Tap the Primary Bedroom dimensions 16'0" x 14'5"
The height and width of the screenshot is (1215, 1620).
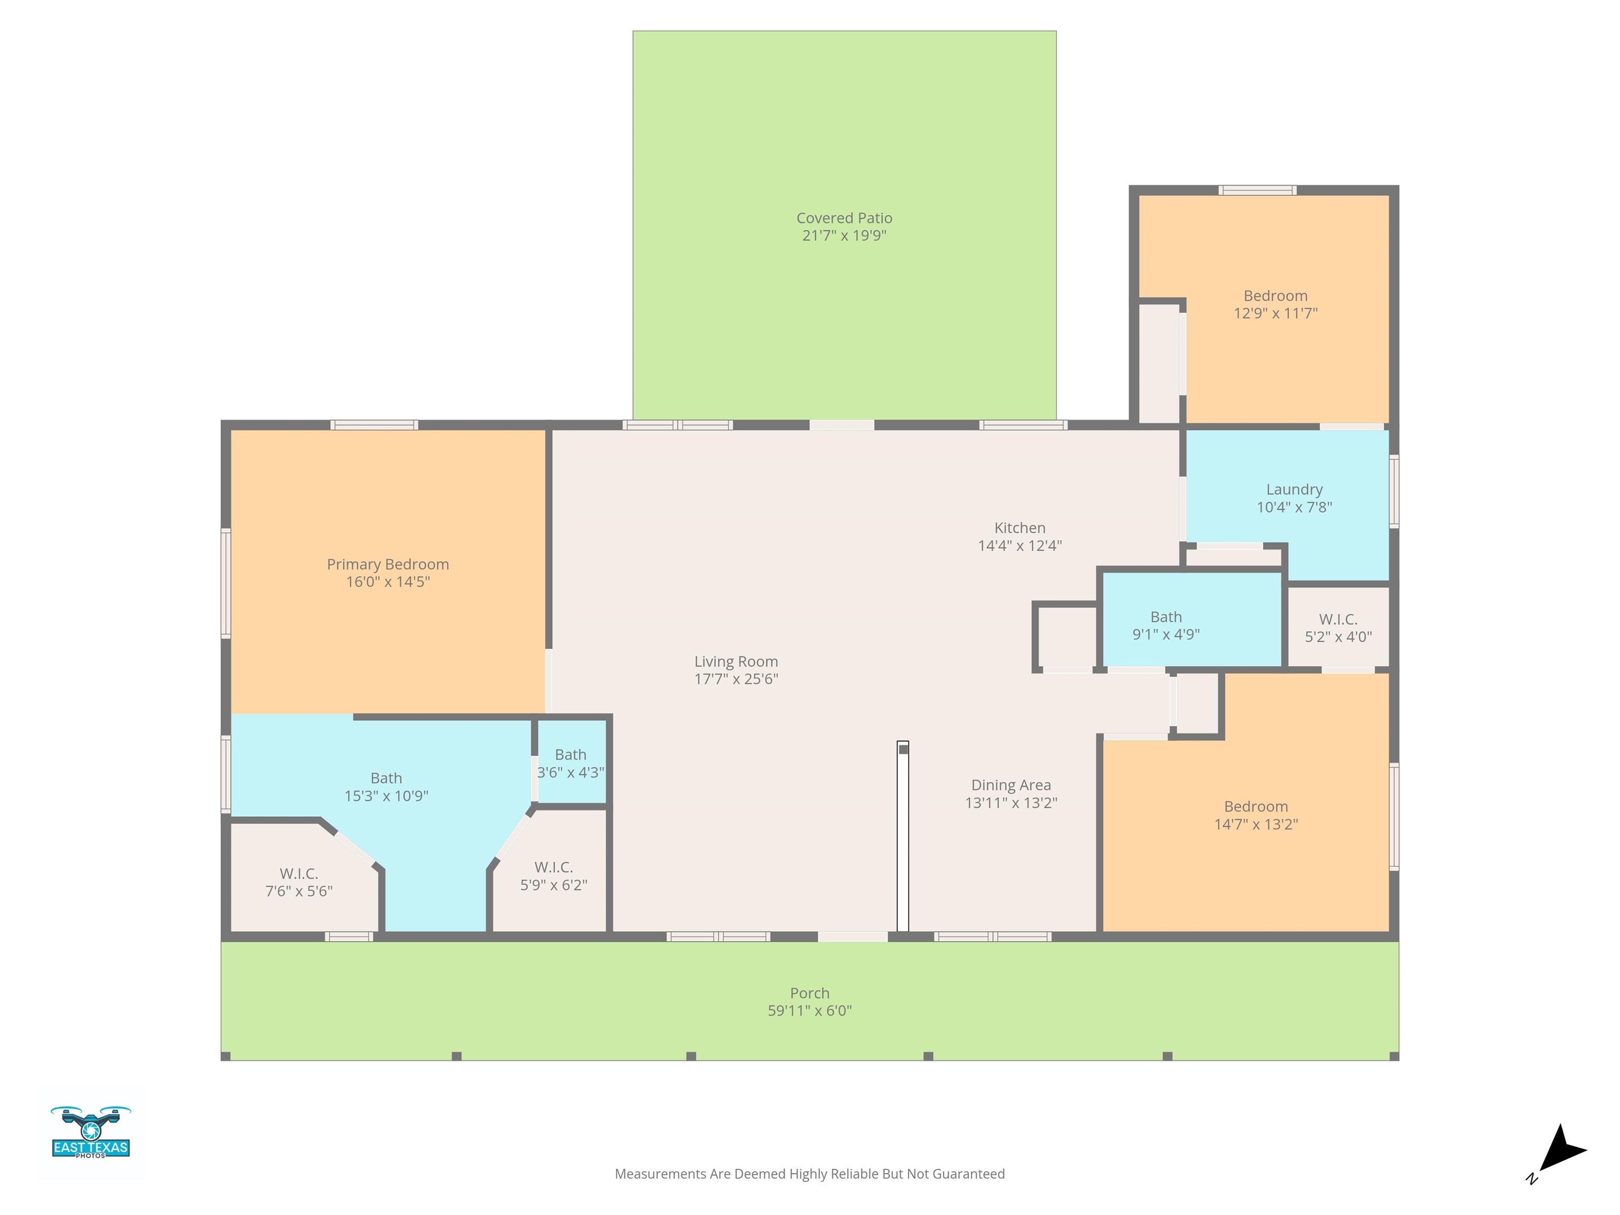coord(388,582)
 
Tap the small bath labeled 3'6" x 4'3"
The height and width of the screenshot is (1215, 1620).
coord(571,763)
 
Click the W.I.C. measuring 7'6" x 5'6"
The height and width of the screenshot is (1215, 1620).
coord(299,882)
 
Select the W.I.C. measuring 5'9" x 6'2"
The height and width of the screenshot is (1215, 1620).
coord(554,876)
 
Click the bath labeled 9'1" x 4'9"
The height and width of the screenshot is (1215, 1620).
coord(1166,626)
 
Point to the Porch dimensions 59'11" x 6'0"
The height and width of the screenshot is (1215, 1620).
coord(810,1011)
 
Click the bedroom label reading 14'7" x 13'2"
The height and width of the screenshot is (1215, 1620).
coord(1256,816)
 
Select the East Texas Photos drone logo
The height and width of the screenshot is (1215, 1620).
coord(91,1132)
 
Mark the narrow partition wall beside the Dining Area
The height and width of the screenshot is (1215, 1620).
coord(903,836)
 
